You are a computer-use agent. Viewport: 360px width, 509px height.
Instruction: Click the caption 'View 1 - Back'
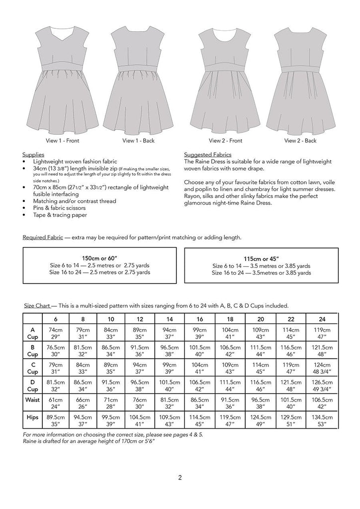138,141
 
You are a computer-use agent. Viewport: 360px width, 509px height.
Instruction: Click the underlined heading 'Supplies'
33,155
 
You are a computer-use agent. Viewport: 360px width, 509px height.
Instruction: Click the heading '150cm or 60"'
99,258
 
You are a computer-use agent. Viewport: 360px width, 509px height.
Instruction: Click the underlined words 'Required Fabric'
43,237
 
